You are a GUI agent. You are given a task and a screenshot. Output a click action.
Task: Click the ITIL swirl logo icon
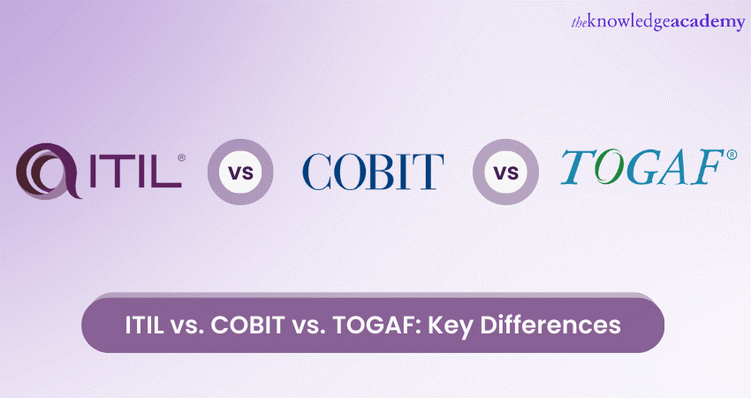(x=48, y=171)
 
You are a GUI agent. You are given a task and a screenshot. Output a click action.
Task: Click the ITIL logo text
(x=135, y=171)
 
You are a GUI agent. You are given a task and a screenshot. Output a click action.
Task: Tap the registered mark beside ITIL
(x=181, y=157)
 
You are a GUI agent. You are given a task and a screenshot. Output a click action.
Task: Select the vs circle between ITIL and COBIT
(x=240, y=172)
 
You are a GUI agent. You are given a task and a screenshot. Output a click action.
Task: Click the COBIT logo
(x=373, y=172)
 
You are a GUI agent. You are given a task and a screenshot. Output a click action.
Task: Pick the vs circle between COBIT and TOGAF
(x=505, y=172)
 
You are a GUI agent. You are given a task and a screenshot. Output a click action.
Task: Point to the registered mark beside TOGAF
(x=732, y=155)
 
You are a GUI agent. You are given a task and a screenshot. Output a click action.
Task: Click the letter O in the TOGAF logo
(x=609, y=168)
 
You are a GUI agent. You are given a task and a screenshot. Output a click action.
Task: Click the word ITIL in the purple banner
(x=144, y=325)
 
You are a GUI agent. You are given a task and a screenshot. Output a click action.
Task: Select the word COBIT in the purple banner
(x=248, y=325)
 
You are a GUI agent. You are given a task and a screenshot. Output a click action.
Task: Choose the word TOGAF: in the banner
(x=377, y=325)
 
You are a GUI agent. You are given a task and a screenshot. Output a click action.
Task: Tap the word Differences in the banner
(x=550, y=325)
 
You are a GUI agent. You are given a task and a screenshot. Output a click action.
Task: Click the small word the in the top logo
(x=579, y=22)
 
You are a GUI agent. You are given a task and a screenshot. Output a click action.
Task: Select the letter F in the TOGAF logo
(x=705, y=167)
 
